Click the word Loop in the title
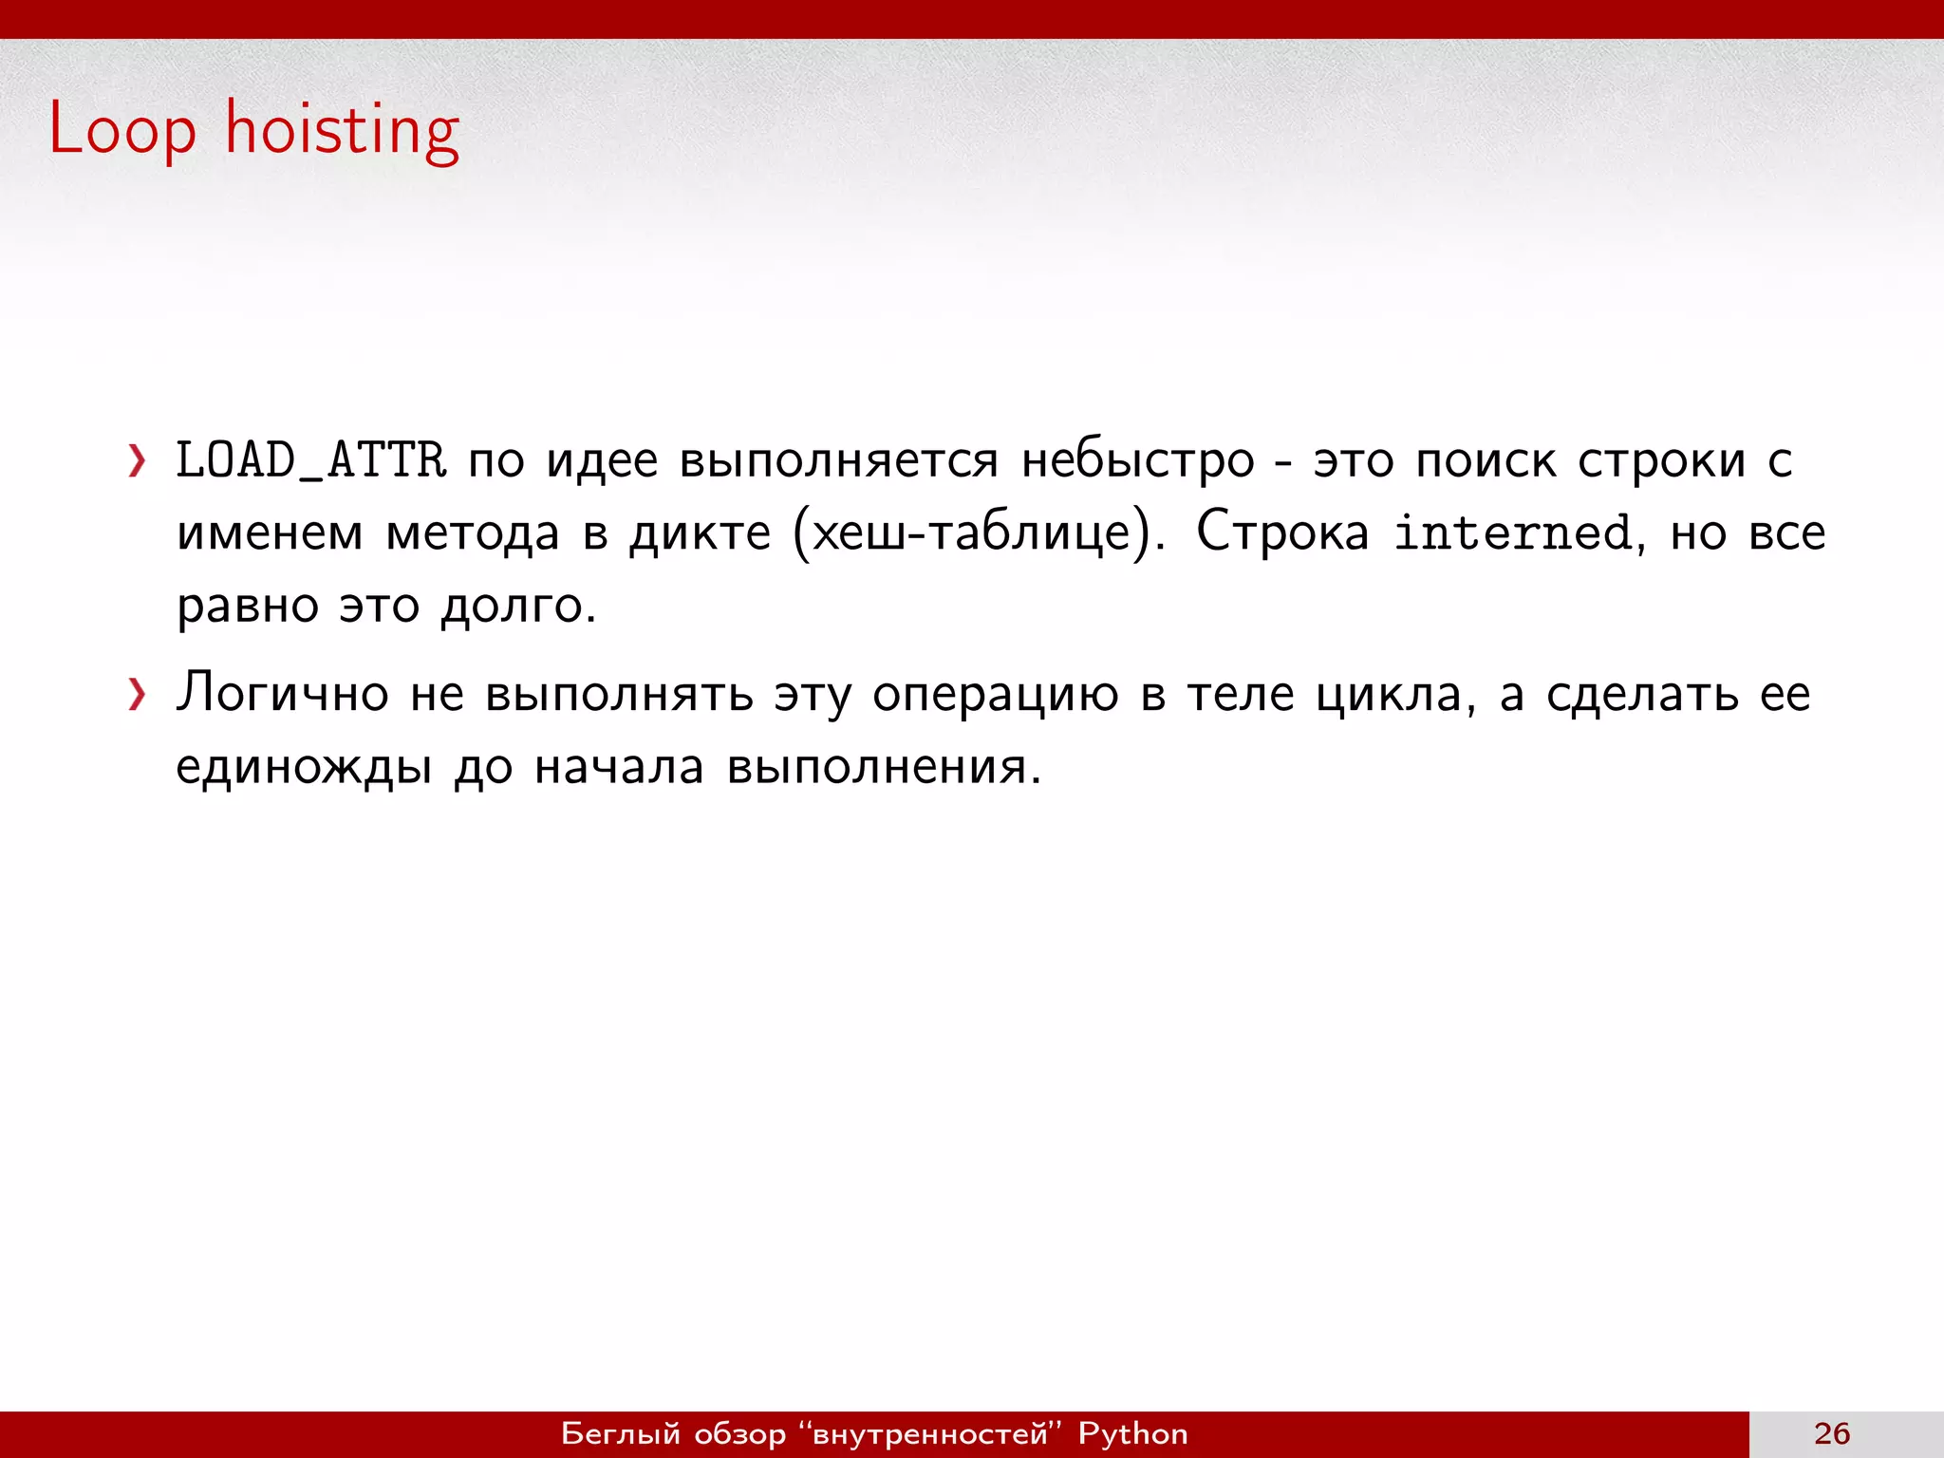point(121,129)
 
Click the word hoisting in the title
point(342,131)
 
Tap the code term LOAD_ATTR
point(311,461)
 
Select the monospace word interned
point(1513,533)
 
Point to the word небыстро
point(1137,461)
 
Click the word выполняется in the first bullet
point(839,461)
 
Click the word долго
point(517,607)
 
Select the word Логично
point(283,694)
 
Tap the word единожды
point(304,767)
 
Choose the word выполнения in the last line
point(883,767)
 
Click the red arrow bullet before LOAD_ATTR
point(138,461)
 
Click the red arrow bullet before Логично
point(138,695)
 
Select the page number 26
point(1832,1433)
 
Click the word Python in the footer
point(1132,1433)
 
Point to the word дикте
point(701,533)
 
